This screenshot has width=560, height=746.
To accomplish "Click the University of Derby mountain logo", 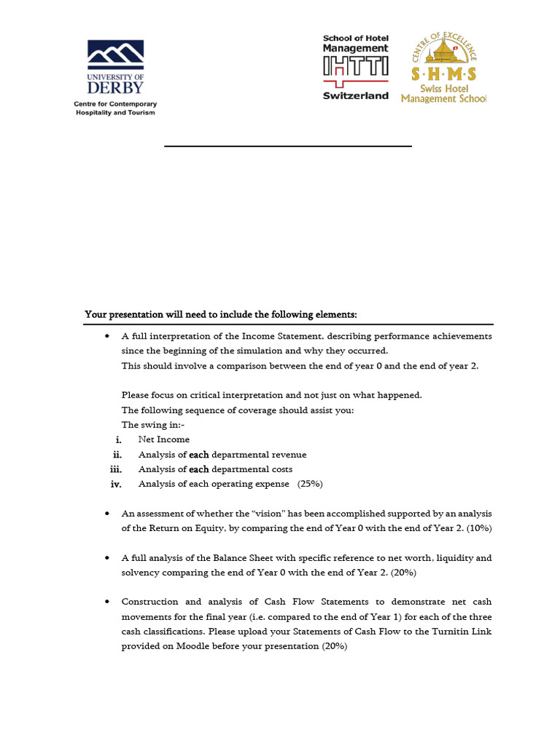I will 115,55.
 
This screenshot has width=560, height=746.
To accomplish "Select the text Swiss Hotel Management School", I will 443,93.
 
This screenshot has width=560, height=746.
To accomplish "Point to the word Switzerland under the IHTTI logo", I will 356,96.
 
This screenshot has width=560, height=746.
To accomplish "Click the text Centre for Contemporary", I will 115,104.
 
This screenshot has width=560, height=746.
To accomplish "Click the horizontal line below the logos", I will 288,146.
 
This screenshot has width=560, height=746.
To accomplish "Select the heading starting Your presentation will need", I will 221,315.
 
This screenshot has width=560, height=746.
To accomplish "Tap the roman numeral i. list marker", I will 118,440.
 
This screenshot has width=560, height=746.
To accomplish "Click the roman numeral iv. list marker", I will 116,484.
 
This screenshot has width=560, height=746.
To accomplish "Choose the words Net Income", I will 164,440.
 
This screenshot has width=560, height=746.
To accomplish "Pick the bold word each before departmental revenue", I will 199,455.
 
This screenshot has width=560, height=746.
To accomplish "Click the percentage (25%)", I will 310,484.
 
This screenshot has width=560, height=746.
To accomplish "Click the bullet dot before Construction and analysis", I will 107,602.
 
